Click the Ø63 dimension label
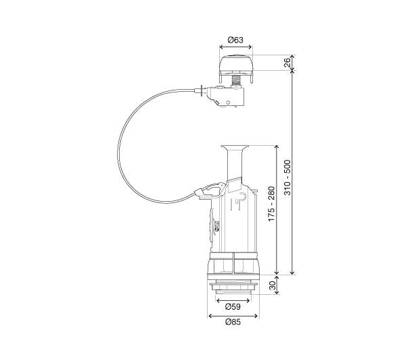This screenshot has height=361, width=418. (x=235, y=40)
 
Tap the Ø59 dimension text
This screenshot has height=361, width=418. (x=233, y=307)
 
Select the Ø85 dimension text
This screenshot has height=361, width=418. (x=233, y=322)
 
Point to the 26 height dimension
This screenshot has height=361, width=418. (x=287, y=63)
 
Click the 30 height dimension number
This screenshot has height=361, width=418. (x=273, y=285)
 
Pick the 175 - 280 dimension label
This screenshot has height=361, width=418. (x=271, y=204)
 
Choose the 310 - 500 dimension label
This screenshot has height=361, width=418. (x=287, y=177)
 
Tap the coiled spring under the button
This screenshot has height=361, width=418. (x=235, y=80)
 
